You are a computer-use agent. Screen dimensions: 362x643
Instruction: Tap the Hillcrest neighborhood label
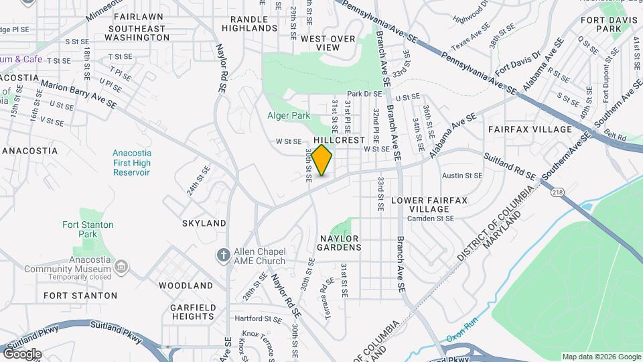coord(339,140)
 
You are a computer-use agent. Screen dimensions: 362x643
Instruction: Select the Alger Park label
coord(288,115)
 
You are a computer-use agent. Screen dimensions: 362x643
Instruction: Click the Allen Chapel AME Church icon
coord(224,255)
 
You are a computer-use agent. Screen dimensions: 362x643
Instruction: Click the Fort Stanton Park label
coord(88,229)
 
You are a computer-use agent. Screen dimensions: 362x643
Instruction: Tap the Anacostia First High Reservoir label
coord(132,162)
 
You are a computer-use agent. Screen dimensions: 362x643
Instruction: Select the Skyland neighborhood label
coord(204,223)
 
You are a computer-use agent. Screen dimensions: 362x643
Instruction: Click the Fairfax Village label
coord(530,129)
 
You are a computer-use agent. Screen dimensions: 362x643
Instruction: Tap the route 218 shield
coord(557,192)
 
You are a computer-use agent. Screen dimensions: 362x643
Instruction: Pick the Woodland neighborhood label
coord(186,285)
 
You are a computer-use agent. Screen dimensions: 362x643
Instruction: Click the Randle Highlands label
coord(253,23)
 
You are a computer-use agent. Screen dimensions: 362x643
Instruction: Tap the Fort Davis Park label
coord(601,25)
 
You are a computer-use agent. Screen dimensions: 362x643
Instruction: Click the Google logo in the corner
coord(21,354)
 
